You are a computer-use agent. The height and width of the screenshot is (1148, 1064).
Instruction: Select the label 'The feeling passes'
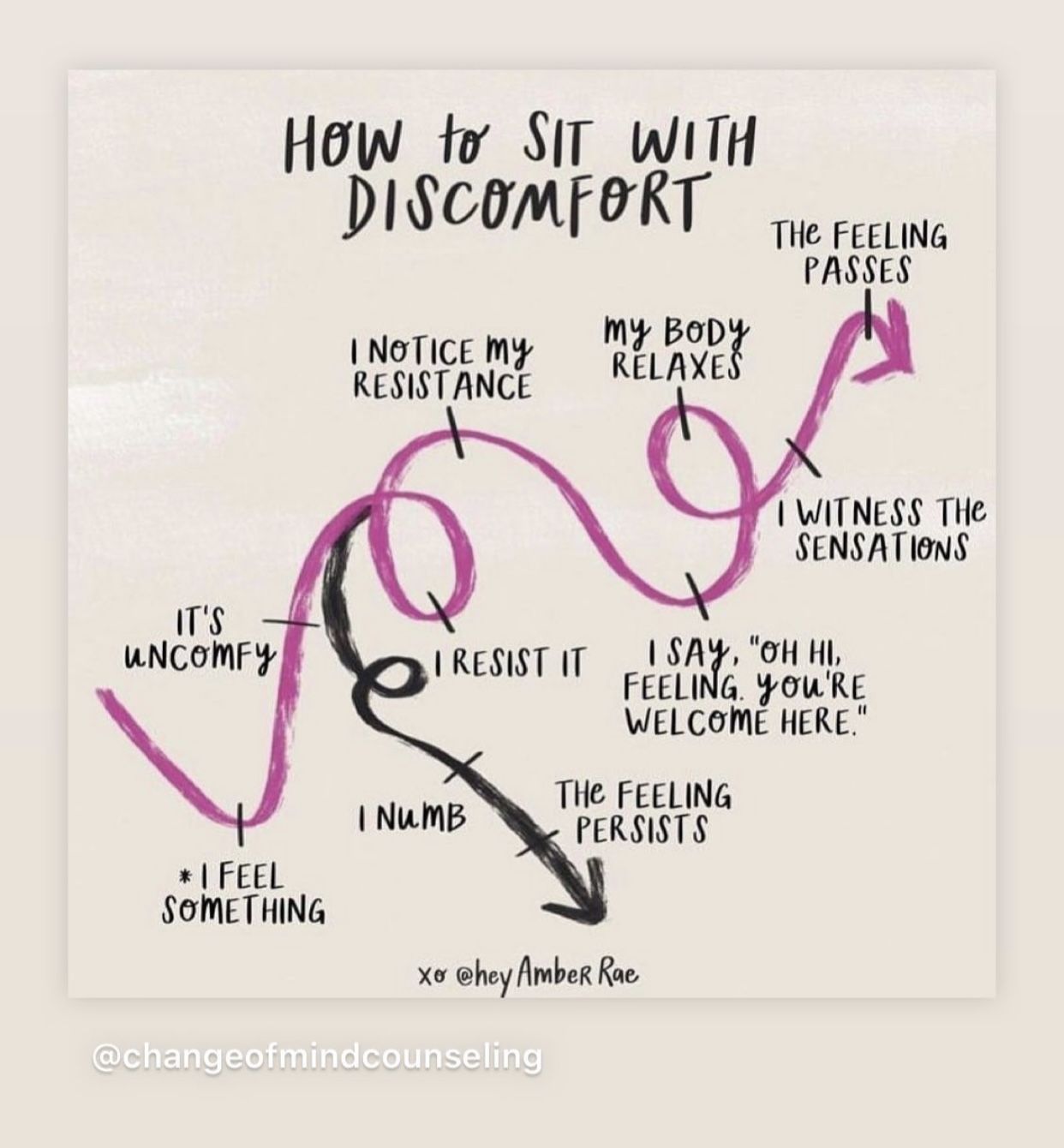point(859,252)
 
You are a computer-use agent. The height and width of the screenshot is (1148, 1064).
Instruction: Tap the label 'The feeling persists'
point(643,811)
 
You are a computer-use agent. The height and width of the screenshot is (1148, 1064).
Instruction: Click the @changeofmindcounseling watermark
point(316,1055)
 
